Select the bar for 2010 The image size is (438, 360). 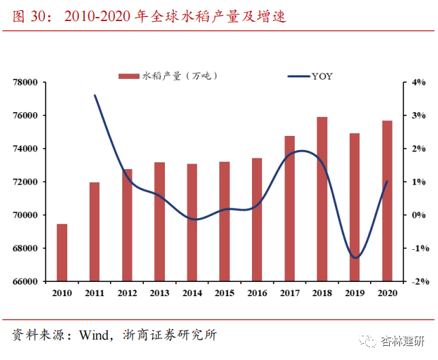[62, 252]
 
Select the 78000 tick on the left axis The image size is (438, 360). [24, 82]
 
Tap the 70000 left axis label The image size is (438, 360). [24, 215]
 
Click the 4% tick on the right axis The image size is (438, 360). [418, 82]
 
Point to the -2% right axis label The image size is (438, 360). [417, 281]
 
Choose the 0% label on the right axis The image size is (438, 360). [418, 215]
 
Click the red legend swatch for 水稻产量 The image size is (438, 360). [128, 75]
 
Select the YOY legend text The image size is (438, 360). [322, 76]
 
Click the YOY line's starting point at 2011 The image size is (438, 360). [94, 95]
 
